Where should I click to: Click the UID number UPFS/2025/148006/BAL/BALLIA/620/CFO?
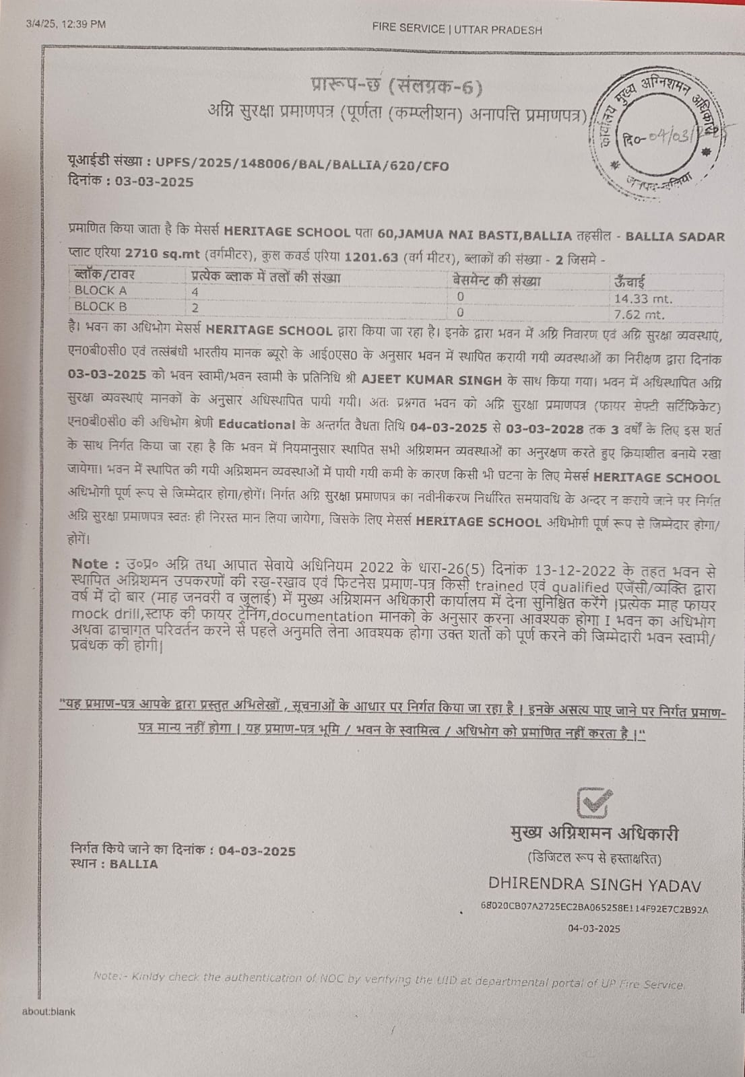(x=302, y=165)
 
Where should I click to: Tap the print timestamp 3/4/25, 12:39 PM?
(x=66, y=24)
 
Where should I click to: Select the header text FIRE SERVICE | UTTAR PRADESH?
(x=457, y=29)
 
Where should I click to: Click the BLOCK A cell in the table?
(x=100, y=291)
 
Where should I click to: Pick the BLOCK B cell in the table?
(x=100, y=306)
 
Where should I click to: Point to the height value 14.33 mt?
(x=643, y=299)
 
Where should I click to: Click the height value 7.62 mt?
(x=639, y=314)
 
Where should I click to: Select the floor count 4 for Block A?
(x=195, y=292)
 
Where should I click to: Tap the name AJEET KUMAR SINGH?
(x=431, y=379)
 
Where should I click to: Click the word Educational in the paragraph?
(x=257, y=424)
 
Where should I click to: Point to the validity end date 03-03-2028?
(x=545, y=429)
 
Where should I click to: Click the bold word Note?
(x=90, y=564)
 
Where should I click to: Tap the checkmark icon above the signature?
(x=594, y=802)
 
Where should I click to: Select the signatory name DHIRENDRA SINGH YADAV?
(x=595, y=884)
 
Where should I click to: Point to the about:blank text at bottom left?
(x=48, y=1012)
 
